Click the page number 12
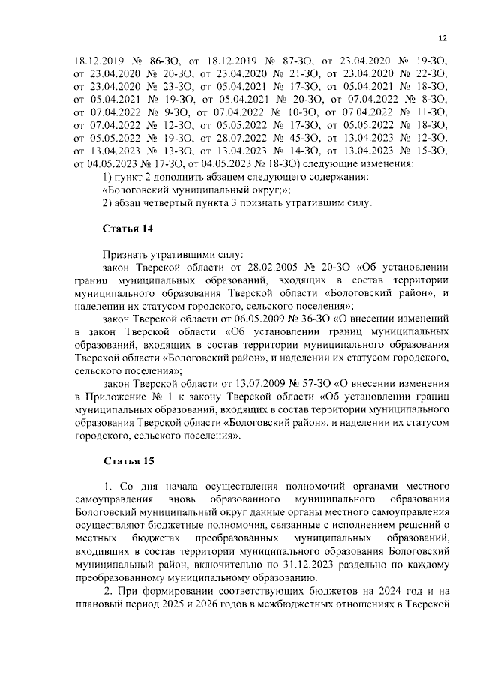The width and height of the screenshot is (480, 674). (x=442, y=39)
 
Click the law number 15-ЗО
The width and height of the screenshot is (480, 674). (x=430, y=151)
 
